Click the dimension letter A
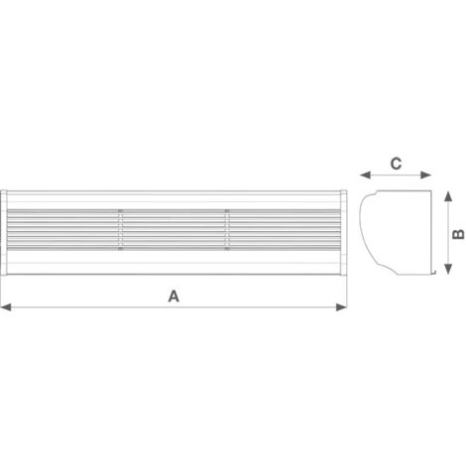tap(174, 296)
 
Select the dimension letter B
tap(458, 234)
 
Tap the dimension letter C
tap(396, 164)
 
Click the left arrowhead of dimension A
tap(6, 307)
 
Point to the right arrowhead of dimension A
tap(342, 307)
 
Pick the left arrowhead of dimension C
tap(365, 175)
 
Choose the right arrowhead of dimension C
tap(426, 175)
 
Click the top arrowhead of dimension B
tap(448, 196)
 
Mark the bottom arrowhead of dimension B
tap(448, 269)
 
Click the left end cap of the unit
tap(3, 232)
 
